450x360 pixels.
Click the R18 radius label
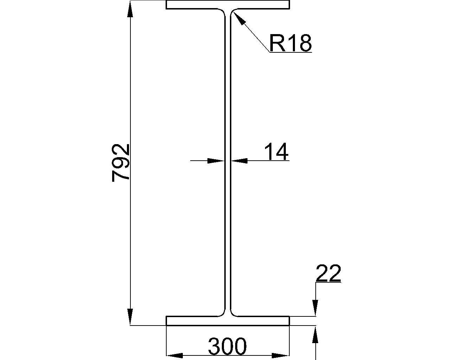290,43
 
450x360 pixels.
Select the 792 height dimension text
121,162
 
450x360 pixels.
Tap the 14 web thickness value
276,152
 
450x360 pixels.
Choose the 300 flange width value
227,347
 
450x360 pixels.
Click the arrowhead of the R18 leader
237,17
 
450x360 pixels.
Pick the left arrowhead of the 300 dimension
175,355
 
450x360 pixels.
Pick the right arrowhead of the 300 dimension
281,355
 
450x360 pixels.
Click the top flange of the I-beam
228,5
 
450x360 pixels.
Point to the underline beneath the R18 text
291,52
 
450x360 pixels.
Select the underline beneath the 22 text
328,282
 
